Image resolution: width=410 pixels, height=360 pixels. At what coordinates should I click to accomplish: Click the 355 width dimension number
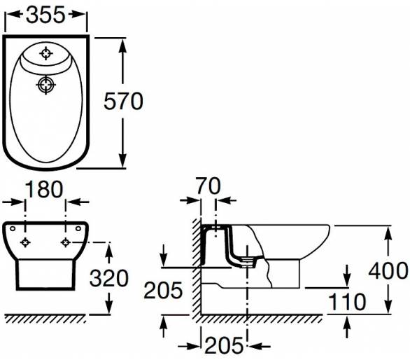tap(45, 15)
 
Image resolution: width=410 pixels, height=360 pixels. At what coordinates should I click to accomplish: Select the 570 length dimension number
tap(123, 101)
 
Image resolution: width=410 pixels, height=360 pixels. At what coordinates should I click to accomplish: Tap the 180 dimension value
tap(44, 189)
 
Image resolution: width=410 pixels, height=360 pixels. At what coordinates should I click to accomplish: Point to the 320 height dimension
tap(109, 278)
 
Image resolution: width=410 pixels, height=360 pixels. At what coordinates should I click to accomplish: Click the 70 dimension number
tap(208, 186)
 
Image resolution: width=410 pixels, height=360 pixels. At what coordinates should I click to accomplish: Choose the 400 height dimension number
tap(388, 270)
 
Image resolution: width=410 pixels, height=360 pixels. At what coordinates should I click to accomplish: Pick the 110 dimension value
tap(347, 302)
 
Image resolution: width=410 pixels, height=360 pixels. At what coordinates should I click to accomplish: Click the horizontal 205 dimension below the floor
tap(224, 345)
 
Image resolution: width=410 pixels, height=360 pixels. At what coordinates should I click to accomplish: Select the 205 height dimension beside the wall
tap(163, 290)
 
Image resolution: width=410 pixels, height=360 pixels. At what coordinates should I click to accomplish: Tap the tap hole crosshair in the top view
tap(46, 53)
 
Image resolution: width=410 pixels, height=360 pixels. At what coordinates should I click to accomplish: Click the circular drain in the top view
tap(46, 85)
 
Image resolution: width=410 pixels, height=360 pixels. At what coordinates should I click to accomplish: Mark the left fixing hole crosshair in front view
tap(25, 243)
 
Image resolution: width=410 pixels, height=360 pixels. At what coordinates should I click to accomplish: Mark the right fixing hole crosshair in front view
tap(65, 242)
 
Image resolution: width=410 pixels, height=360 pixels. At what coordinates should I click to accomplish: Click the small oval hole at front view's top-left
tap(13, 228)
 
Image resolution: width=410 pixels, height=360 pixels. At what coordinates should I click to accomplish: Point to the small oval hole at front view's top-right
tap(78, 228)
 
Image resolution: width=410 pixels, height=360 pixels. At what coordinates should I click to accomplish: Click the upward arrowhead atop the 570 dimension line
tap(122, 47)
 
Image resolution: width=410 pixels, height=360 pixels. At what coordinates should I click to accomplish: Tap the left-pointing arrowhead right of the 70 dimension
tap(222, 200)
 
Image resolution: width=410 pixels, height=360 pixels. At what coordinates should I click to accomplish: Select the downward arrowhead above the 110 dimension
tap(347, 278)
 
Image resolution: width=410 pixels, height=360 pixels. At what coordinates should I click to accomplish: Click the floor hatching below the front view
tap(45, 319)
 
